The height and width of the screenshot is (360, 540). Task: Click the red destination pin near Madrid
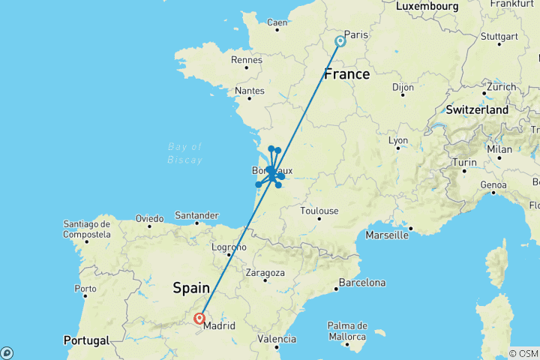click(x=200, y=319)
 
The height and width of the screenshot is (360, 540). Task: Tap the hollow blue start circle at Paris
click(x=340, y=41)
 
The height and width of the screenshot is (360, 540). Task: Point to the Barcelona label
click(x=362, y=283)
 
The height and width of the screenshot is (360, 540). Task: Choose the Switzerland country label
click(x=478, y=109)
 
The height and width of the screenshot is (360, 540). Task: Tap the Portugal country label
click(x=86, y=340)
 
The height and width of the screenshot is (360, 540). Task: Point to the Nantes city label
click(x=250, y=91)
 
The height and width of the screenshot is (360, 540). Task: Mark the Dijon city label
click(x=403, y=87)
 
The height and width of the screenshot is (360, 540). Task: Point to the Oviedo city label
click(x=149, y=218)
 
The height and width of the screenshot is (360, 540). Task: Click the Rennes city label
click(x=247, y=60)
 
